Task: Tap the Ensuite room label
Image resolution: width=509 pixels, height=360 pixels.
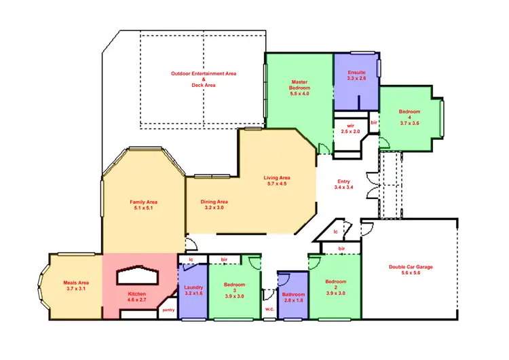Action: [x=356, y=75]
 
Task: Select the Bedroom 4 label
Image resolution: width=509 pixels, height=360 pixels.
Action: [x=409, y=117]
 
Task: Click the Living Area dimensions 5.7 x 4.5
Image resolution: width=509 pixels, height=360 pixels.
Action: [x=276, y=183]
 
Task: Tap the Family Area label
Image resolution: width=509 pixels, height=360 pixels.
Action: [x=143, y=204]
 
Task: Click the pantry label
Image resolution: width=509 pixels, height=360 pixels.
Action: [x=168, y=311]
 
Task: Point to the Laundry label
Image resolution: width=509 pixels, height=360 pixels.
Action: [x=193, y=291]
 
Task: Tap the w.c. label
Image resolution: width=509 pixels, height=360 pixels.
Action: [x=269, y=311]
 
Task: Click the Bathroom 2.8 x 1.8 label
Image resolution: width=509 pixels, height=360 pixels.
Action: [x=294, y=297]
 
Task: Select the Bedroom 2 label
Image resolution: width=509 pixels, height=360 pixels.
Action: [x=335, y=286]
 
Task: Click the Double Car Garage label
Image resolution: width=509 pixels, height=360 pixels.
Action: [x=411, y=270]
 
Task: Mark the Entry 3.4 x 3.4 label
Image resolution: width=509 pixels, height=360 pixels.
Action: [x=343, y=184]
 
